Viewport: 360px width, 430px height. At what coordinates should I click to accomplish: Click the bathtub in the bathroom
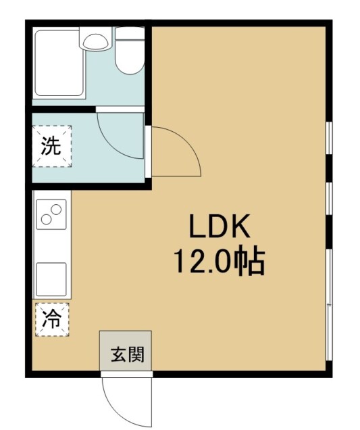click(59, 62)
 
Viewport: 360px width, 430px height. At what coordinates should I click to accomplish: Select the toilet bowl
click(130, 57)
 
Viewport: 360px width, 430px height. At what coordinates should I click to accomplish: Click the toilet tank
click(130, 33)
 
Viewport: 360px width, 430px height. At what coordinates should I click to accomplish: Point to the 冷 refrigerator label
click(52, 320)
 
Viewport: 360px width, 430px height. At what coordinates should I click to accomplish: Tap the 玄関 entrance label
click(128, 354)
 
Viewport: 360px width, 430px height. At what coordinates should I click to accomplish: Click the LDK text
click(220, 226)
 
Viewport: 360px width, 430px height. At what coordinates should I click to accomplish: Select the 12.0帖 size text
click(220, 261)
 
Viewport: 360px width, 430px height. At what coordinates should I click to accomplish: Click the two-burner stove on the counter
click(51, 214)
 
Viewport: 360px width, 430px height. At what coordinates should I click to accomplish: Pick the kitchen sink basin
click(51, 279)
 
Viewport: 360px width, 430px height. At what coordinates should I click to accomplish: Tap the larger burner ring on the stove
click(56, 210)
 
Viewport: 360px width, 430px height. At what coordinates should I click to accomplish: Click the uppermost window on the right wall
click(330, 138)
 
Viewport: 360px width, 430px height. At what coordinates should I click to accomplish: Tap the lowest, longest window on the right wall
click(330, 305)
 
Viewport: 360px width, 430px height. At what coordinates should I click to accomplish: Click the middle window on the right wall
click(330, 199)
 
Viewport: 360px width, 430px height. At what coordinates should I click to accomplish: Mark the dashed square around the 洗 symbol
click(52, 146)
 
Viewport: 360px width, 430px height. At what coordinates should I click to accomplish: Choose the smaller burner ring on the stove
click(46, 219)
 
